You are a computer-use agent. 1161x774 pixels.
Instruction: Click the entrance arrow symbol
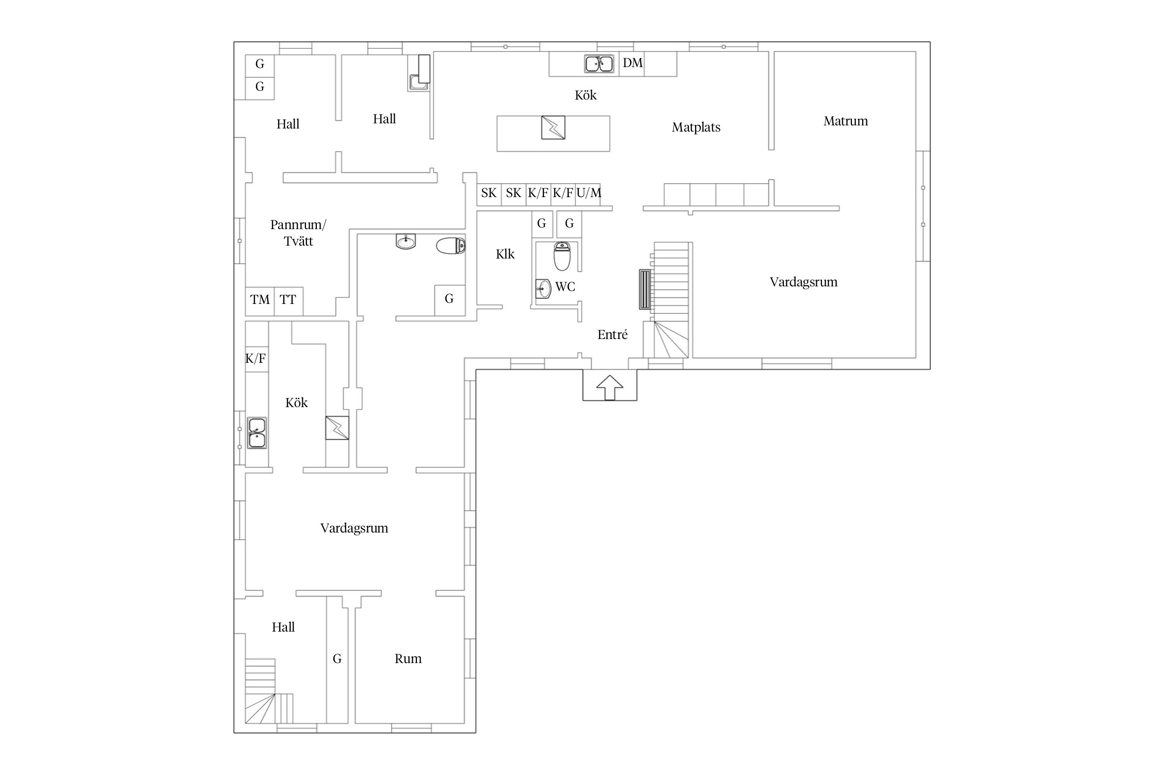click(x=610, y=387)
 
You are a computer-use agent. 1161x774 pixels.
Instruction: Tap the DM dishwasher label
click(x=633, y=63)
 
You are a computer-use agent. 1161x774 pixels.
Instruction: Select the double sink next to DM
click(x=599, y=64)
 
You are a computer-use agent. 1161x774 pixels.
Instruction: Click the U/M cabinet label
click(x=589, y=193)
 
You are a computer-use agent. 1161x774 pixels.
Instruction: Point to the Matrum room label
click(x=846, y=121)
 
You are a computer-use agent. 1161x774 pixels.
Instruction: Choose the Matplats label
click(x=696, y=127)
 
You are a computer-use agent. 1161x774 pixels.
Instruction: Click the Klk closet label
click(x=505, y=254)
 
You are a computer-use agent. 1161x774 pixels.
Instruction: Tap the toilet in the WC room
click(x=562, y=256)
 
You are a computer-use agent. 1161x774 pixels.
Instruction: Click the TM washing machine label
click(x=260, y=300)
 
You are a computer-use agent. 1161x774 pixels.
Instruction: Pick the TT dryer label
click(x=288, y=300)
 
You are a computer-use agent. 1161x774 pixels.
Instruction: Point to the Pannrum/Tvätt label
click(x=298, y=233)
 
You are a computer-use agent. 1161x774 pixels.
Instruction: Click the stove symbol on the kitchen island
click(x=553, y=127)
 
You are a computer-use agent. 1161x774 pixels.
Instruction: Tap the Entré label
click(x=612, y=335)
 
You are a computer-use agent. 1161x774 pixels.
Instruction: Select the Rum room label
click(x=408, y=659)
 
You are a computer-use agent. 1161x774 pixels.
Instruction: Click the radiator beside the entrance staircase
click(x=644, y=289)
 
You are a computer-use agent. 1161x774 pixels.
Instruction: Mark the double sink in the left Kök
click(x=257, y=433)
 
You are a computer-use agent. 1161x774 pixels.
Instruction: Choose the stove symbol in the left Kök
click(x=337, y=428)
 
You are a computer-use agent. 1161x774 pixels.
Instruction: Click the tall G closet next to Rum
click(x=337, y=659)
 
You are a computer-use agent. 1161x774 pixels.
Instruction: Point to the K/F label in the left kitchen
click(x=255, y=359)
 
